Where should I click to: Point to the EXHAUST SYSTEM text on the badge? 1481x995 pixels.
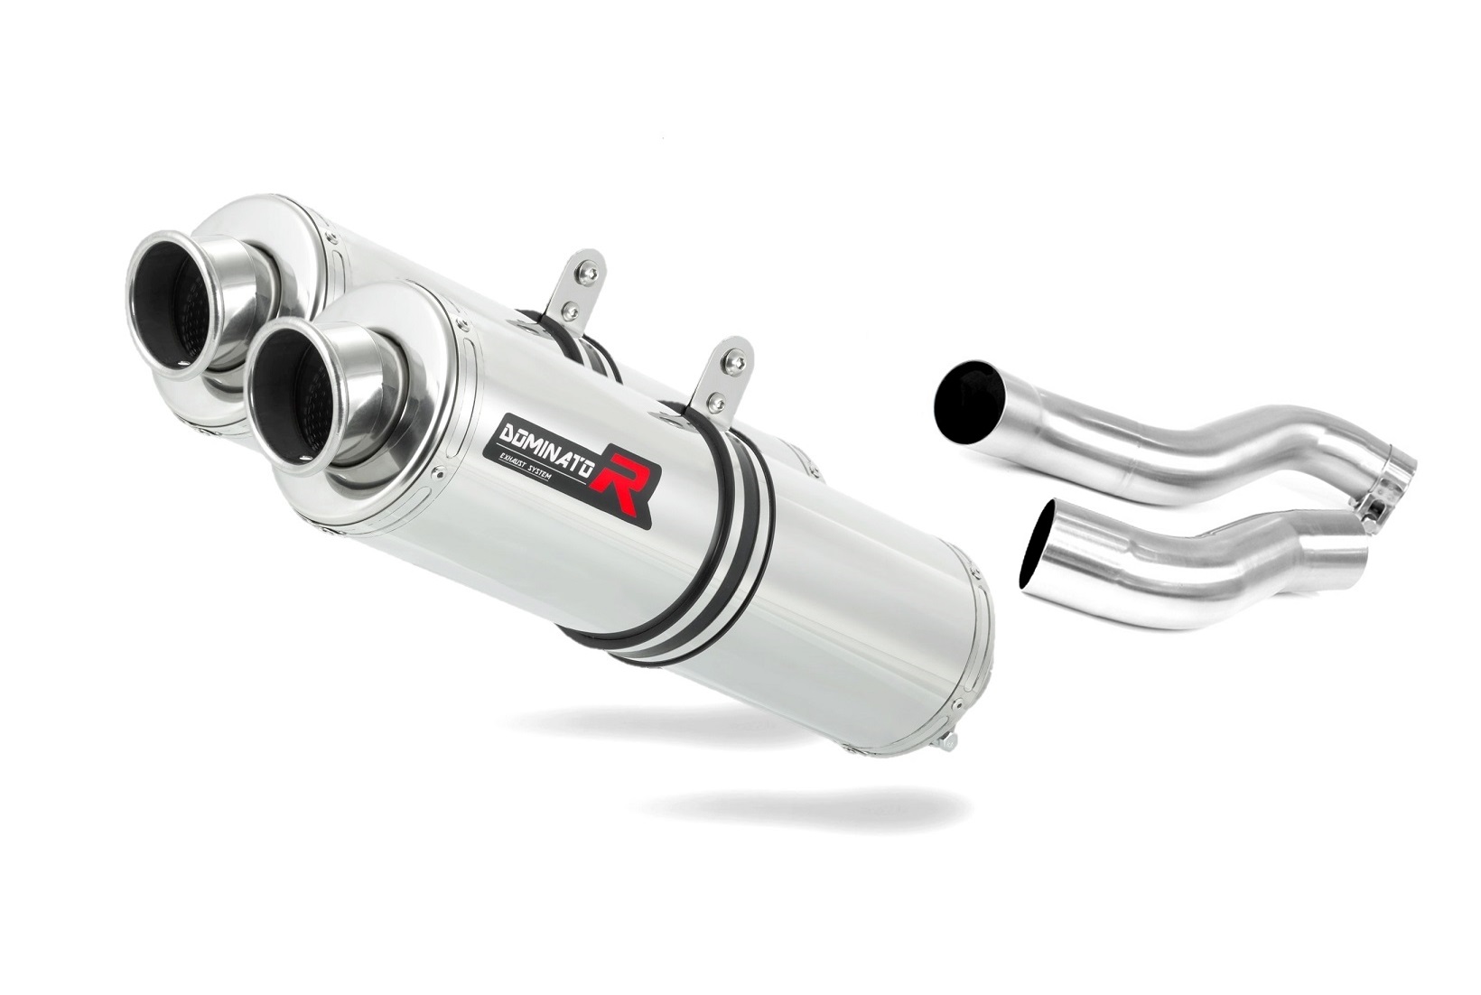pyautogui.click(x=541, y=477)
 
